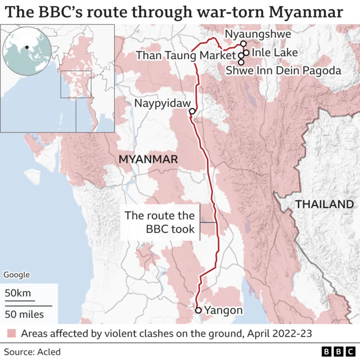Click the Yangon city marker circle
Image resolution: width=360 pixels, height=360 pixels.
pyautogui.click(x=199, y=310)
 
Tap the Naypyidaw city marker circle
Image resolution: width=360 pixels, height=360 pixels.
pyautogui.click(x=192, y=111)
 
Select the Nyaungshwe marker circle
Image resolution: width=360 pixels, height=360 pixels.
pyautogui.click(x=243, y=43)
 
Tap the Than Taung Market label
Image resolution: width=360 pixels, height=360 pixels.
pyautogui.click(x=186, y=55)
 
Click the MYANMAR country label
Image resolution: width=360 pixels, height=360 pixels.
pyautogui.click(x=148, y=160)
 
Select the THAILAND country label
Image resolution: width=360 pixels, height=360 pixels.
pyautogui.click(x=325, y=204)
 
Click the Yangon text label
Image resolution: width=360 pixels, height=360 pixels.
pyautogui.click(x=224, y=310)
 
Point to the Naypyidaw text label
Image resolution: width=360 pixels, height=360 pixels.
pyautogui.click(x=160, y=103)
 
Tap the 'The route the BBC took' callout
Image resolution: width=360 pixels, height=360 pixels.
pyautogui.click(x=160, y=222)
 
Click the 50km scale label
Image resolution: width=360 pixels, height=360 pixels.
pyautogui.click(x=18, y=293)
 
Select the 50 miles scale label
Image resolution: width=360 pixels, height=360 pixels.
pyautogui.click(x=24, y=313)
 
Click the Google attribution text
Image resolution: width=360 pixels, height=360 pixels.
pyautogui.click(x=16, y=275)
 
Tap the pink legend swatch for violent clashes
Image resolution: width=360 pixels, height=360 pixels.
pyautogui.click(x=11, y=334)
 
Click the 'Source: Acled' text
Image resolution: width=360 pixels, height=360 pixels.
pyautogui.click(x=32, y=352)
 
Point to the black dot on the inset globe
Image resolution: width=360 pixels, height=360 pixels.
pyautogui.click(x=26, y=47)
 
